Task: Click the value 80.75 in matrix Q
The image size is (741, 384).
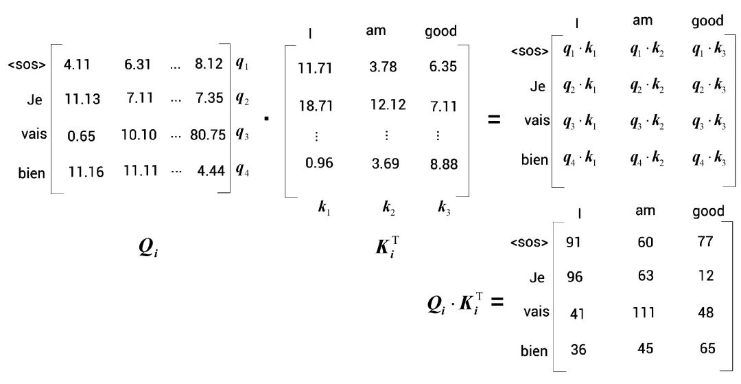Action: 208,135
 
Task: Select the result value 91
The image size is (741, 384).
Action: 575,242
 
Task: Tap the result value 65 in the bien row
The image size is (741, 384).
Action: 707,348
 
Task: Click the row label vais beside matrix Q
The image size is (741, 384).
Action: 34,133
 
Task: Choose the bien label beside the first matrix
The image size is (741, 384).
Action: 32,172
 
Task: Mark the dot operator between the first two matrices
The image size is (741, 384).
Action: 266,119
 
